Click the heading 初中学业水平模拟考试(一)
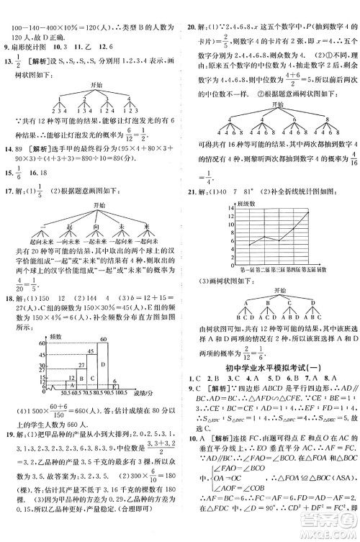click(273, 364)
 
